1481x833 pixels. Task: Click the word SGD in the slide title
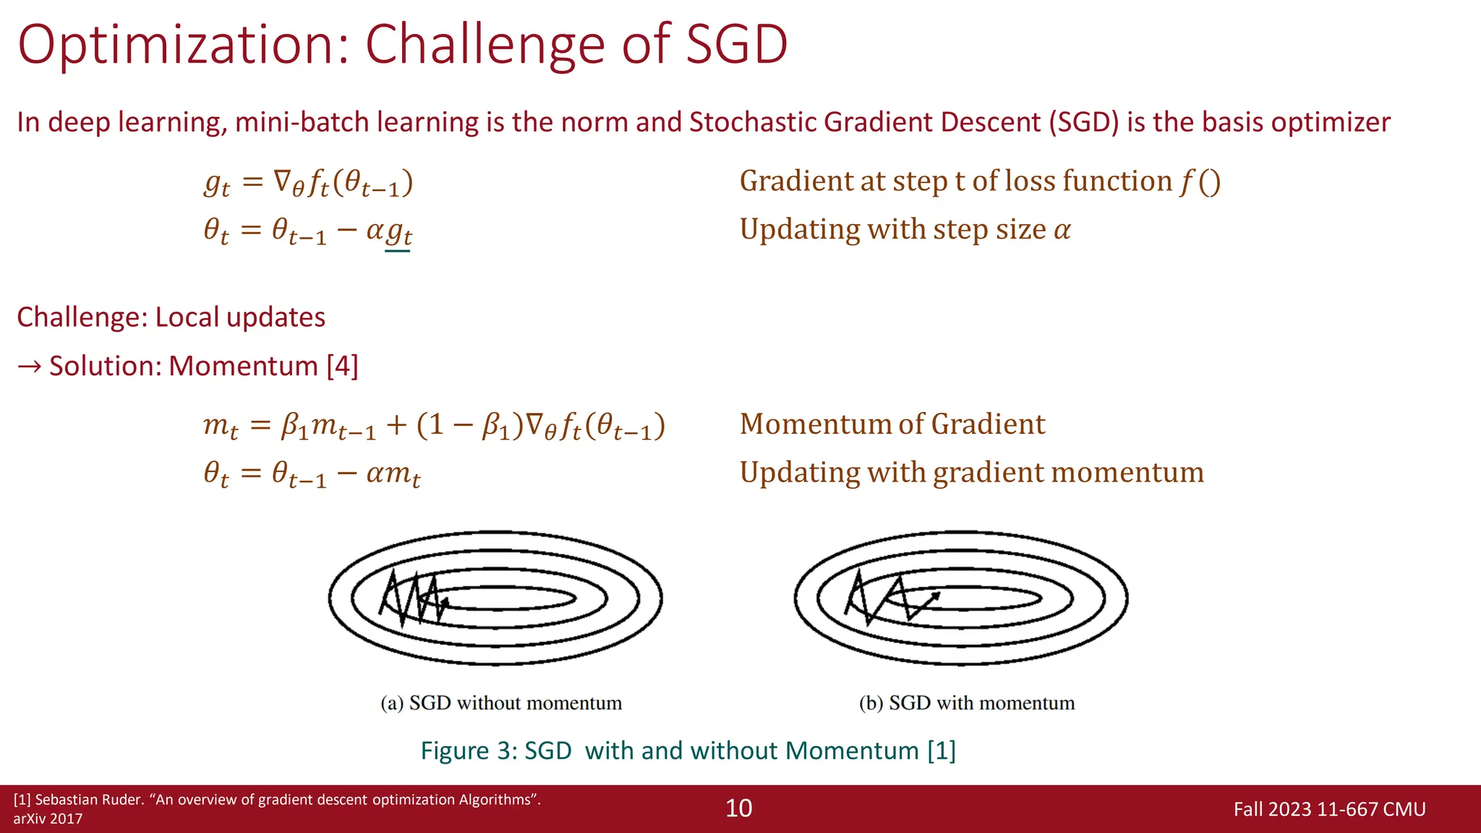click(736, 45)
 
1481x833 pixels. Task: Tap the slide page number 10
click(738, 808)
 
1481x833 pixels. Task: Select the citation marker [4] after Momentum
click(342, 366)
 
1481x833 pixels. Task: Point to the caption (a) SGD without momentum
click(501, 703)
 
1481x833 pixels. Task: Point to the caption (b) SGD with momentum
click(967, 703)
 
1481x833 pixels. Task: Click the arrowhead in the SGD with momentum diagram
click(936, 597)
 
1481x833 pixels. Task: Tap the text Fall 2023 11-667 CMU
click(1329, 809)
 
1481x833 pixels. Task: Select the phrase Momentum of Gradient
click(892, 424)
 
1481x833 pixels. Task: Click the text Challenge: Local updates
click(171, 317)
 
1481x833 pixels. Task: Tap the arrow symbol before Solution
click(30, 367)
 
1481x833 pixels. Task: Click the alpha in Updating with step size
click(1062, 231)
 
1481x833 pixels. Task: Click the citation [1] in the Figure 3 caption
click(942, 751)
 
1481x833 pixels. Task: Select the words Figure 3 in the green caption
click(468, 751)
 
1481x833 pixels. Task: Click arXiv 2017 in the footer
click(48, 819)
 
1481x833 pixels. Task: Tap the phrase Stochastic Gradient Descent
click(866, 122)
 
